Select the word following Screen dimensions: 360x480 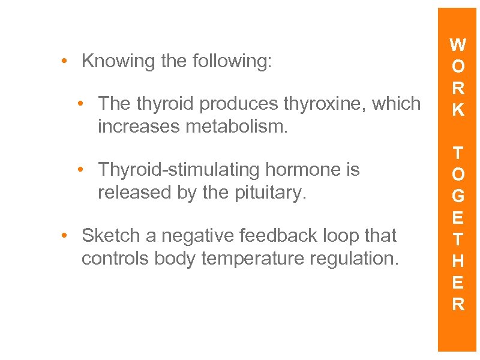pos(232,61)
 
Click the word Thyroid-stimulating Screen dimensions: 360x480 pos(178,170)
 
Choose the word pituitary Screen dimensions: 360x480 pos(267,193)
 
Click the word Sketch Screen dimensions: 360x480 pos(111,236)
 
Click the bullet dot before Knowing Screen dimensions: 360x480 pos(64,61)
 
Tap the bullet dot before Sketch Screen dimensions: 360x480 pos(64,236)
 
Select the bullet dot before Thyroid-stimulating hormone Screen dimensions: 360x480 pos(80,170)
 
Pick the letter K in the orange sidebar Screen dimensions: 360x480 pos(458,110)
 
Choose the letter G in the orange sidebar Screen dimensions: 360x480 pos(458,196)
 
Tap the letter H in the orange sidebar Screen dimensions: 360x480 pos(458,261)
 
